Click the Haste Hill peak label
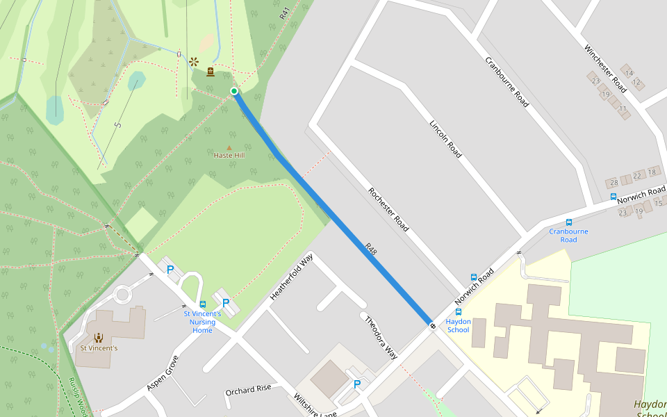point(229,156)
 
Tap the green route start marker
point(234,91)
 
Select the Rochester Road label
point(388,209)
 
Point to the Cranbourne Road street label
point(507,81)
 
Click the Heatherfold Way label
point(292,277)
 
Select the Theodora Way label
point(381,337)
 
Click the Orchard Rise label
point(248,389)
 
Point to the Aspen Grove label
point(163,373)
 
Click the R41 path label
point(283,13)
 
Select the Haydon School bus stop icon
point(459,313)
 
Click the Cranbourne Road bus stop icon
point(569,222)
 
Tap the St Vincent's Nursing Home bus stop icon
point(202,304)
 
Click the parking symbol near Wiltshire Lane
point(357,384)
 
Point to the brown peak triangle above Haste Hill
point(229,148)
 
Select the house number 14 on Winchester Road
point(629,73)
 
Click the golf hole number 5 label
point(119,125)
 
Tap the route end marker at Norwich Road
point(432,325)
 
